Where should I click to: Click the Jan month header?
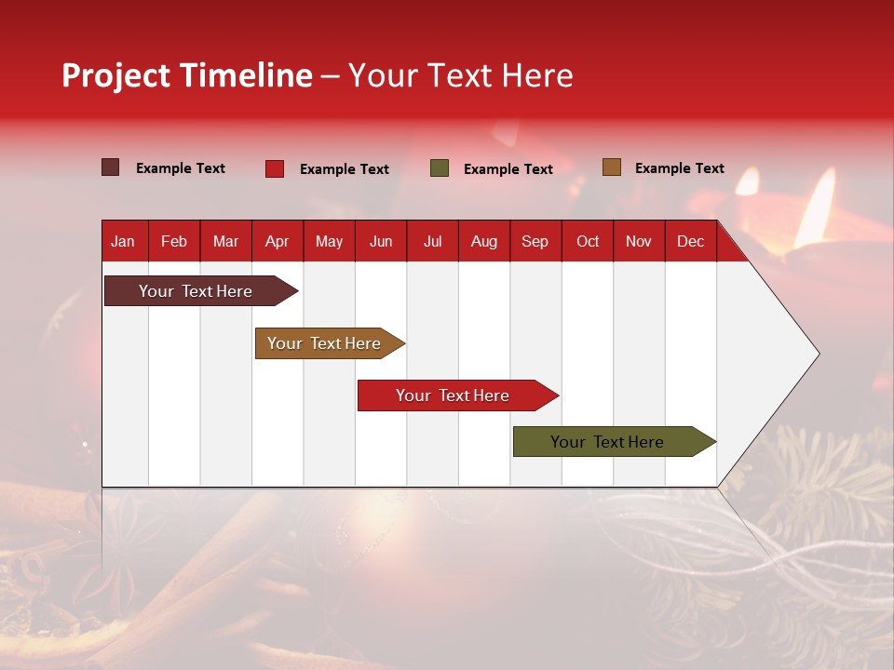(123, 241)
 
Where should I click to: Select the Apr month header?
(278, 241)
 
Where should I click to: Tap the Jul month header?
(432, 241)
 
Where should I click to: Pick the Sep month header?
(535, 241)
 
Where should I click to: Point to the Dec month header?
(690, 241)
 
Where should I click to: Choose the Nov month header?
(639, 241)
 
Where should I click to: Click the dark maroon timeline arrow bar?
(196, 291)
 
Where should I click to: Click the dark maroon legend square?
(110, 167)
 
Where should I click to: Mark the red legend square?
(274, 168)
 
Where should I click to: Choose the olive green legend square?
(440, 168)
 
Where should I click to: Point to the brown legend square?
(611, 167)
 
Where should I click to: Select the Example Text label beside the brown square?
(679, 167)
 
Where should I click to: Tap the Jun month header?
(381, 241)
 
